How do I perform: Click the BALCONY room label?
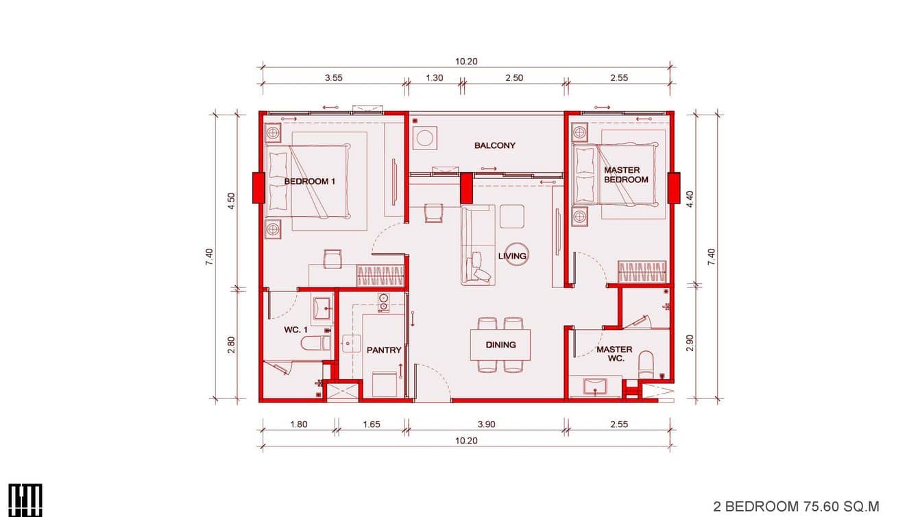coord(494,145)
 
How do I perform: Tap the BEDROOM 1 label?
coord(310,182)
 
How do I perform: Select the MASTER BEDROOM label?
coord(625,175)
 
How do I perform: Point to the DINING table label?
coord(500,345)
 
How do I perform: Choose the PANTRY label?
coord(384,350)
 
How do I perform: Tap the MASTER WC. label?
coord(614,354)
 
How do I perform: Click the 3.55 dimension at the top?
coord(334,77)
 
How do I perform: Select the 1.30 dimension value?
coord(435,77)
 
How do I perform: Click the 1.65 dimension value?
coord(371,424)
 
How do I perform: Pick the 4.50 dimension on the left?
coord(232,201)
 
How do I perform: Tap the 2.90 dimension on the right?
coord(690,343)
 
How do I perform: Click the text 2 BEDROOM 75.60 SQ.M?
coord(796,506)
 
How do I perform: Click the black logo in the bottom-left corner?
coord(25,500)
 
